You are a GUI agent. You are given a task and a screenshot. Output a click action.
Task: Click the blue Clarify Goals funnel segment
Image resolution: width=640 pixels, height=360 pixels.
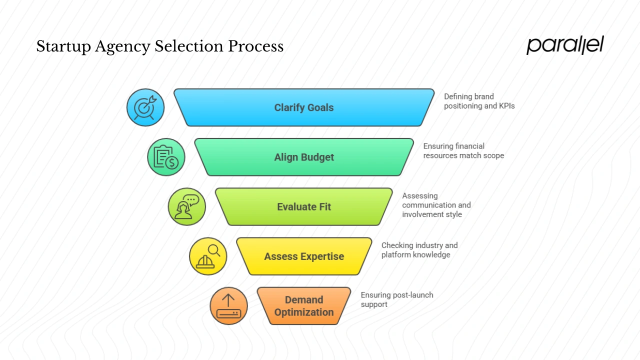point(304,107)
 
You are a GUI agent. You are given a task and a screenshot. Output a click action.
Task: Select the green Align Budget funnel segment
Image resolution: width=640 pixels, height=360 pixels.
point(304,157)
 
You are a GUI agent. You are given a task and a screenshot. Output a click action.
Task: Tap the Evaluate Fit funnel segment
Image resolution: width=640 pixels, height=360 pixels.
point(304,206)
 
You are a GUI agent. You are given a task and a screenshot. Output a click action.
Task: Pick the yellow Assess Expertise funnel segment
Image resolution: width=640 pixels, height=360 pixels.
point(304,256)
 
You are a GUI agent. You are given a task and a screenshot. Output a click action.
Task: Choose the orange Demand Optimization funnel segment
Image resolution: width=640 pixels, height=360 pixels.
point(304,306)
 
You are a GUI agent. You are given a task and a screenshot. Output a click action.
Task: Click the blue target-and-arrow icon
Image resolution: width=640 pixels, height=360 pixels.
point(145,107)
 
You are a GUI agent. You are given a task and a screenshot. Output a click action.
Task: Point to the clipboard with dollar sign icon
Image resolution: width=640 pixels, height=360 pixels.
point(166,157)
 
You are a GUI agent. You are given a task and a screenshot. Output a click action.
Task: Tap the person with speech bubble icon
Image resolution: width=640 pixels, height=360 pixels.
point(186,206)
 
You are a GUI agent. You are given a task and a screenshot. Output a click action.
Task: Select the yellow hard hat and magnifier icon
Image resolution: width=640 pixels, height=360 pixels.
point(208,256)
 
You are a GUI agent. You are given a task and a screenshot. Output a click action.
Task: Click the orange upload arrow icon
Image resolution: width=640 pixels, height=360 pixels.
point(228,306)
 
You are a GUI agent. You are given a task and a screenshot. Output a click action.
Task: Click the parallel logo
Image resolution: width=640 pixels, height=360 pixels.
point(565,45)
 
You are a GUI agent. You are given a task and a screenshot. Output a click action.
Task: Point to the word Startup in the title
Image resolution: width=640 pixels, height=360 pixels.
point(62,46)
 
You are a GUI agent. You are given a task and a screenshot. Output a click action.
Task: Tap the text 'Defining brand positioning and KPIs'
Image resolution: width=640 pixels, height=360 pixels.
point(478,101)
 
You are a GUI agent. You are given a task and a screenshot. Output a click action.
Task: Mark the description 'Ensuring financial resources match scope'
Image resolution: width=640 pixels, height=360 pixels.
point(463,150)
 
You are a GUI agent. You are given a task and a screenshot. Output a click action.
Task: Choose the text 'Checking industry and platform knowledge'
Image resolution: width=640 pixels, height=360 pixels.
point(419,250)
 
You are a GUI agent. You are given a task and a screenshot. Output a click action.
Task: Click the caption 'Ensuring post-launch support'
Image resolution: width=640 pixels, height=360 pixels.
point(396,299)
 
